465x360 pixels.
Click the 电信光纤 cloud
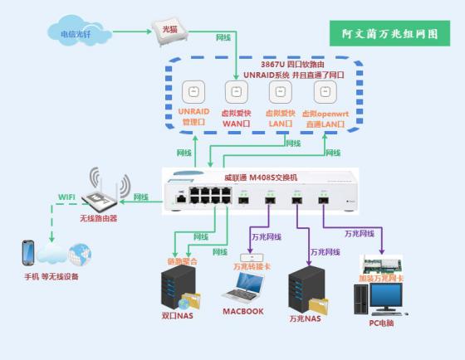point(71,33)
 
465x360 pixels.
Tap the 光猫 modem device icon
point(169,31)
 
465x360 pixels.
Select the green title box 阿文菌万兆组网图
point(389,35)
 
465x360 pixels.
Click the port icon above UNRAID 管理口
point(193,92)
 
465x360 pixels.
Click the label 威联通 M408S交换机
point(266,177)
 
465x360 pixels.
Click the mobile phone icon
point(28,251)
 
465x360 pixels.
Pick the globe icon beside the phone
point(79,252)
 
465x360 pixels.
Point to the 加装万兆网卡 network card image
point(381,267)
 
